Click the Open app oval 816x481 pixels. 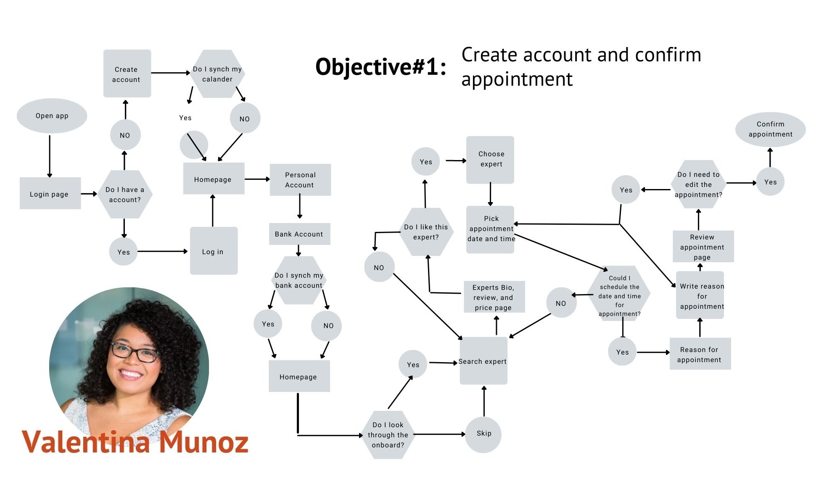52,116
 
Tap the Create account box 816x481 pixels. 127,74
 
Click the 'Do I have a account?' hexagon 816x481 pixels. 125,195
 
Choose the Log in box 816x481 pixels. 214,251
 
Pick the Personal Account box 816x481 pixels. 300,180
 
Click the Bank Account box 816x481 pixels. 299,234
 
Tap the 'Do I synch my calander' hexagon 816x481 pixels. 217,74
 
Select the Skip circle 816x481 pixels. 484,434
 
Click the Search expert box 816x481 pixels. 483,361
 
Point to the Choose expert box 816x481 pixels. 490,160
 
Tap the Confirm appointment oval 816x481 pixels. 770,129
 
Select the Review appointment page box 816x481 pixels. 703,247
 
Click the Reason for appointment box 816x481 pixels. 700,354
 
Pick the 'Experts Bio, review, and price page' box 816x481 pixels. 494,297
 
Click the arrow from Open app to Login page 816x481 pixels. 50,155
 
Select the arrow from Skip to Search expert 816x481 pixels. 484,401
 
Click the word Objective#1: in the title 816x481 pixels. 381,67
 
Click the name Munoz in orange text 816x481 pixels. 203,442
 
